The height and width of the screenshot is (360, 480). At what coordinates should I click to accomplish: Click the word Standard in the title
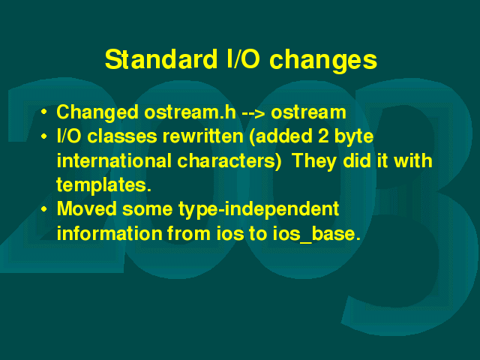(x=161, y=59)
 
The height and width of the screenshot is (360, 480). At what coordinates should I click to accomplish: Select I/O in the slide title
(x=243, y=59)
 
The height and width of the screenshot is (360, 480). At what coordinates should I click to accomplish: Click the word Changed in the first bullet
(x=97, y=112)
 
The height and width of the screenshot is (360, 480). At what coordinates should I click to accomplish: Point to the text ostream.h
(x=190, y=112)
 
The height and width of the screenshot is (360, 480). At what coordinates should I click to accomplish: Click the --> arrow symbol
(x=253, y=113)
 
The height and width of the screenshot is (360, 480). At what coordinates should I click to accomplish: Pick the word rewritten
(x=202, y=136)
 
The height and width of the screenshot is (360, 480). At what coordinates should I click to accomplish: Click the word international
(x=114, y=160)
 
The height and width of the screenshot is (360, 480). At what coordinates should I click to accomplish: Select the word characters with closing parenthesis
(x=229, y=161)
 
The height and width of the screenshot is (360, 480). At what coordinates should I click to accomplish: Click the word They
(x=314, y=161)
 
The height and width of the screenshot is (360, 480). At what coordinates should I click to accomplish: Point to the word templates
(x=103, y=185)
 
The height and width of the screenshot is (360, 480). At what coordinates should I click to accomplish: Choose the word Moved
(x=87, y=208)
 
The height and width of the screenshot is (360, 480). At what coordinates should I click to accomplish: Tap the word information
(x=109, y=233)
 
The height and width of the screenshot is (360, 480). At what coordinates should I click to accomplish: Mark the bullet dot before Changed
(x=44, y=112)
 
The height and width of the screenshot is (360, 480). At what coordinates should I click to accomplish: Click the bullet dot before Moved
(x=44, y=209)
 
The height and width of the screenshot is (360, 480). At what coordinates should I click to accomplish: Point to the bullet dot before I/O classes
(x=44, y=136)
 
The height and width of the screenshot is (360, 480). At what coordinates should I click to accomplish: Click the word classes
(x=122, y=136)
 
